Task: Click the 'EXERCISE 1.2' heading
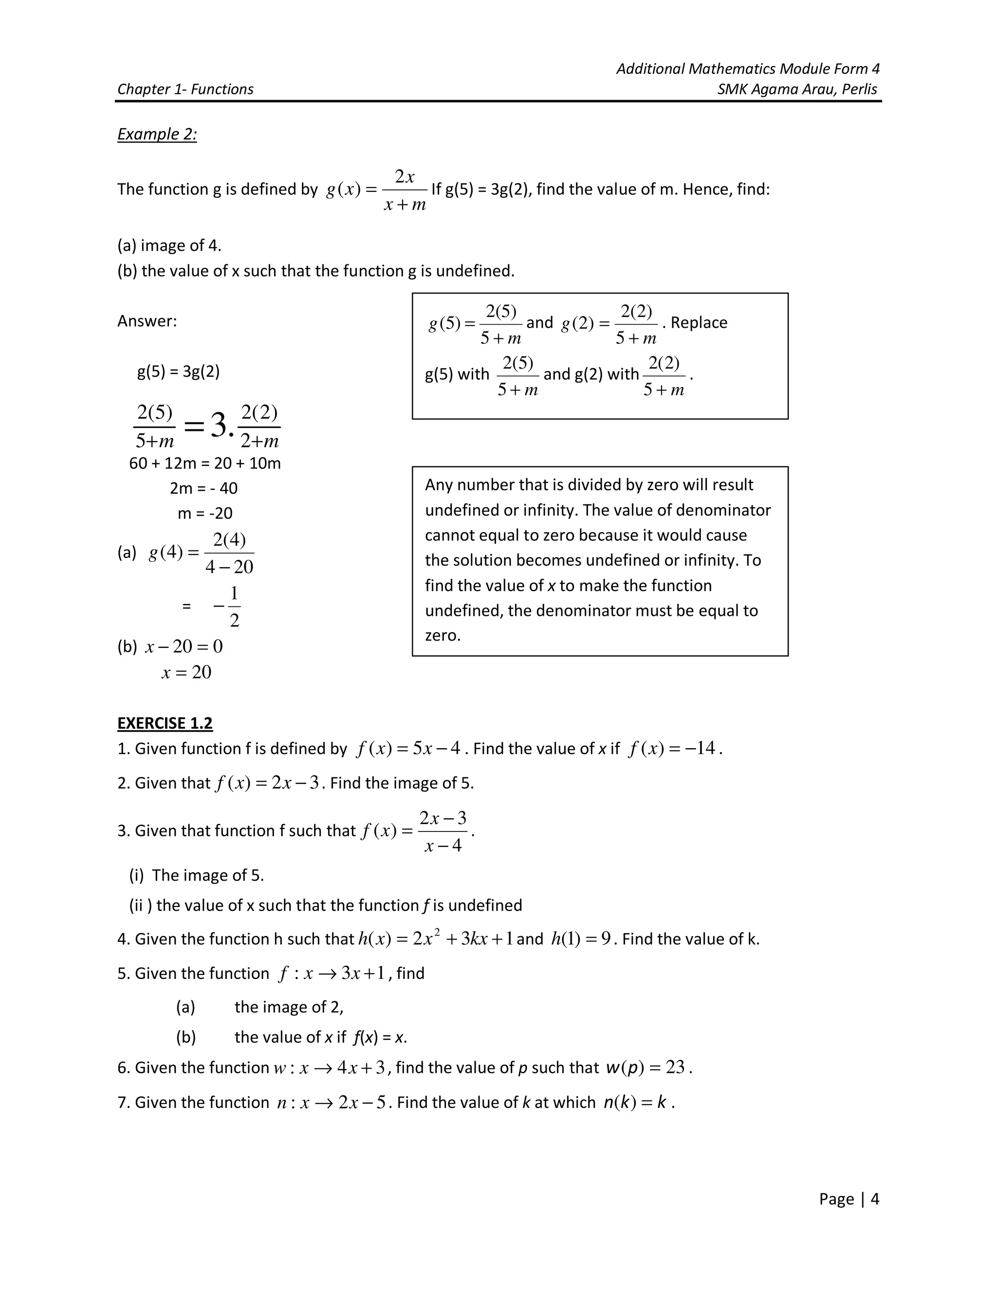165,723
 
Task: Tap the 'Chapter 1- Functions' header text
185,89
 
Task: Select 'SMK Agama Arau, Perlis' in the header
797,89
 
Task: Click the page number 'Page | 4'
849,1198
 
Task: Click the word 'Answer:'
147,321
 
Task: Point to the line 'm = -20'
205,513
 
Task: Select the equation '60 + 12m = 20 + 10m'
205,463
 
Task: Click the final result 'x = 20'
186,672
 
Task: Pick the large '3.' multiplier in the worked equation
222,425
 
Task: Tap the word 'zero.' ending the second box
443,636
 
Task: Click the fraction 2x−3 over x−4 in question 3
443,831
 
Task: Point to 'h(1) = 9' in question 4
581,939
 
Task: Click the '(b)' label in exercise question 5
185,1037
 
